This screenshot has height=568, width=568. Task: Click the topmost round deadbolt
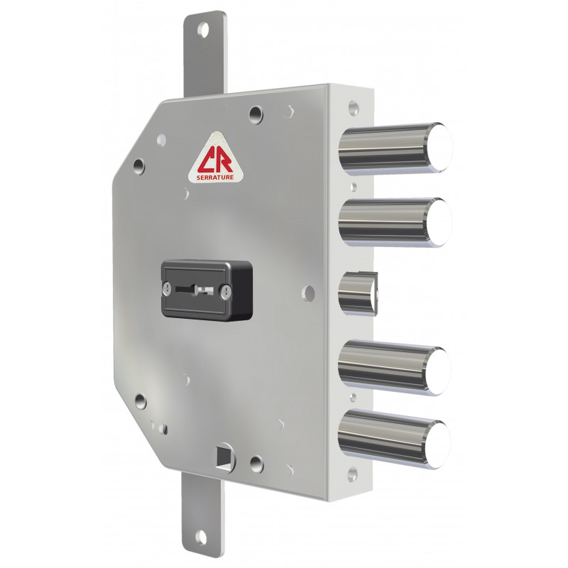(x=395, y=148)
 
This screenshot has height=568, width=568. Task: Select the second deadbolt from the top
(x=395, y=222)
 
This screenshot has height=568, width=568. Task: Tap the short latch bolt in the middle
(x=358, y=293)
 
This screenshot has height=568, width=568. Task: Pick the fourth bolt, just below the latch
(x=395, y=367)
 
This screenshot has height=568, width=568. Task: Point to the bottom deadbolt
(x=395, y=439)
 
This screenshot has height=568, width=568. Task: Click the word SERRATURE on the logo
(x=215, y=177)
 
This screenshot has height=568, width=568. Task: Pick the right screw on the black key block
(x=226, y=292)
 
